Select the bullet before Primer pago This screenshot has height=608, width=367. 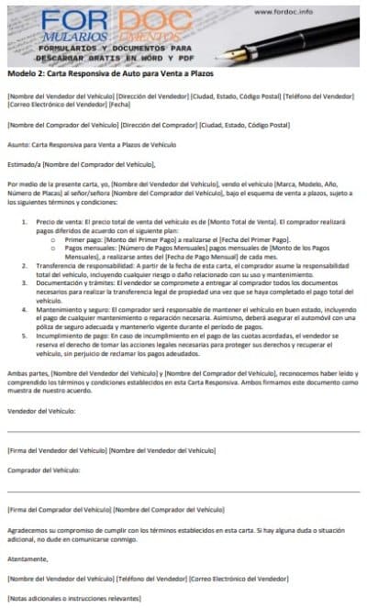57,239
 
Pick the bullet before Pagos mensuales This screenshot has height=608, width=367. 57,248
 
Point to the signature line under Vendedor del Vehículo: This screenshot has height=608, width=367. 183,430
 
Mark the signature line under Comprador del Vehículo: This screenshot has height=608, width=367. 183,491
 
